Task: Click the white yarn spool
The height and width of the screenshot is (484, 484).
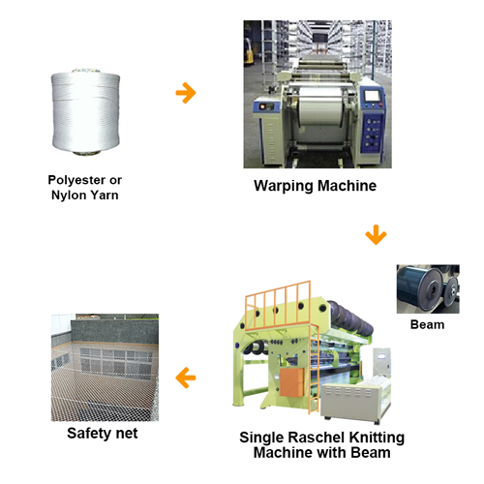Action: pos(85,111)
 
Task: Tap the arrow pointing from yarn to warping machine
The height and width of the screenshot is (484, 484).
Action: pos(186,93)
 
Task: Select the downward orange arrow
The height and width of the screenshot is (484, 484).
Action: pos(376,235)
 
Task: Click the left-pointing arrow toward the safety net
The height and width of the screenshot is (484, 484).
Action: pos(186,378)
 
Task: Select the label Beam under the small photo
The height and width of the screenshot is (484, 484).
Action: pos(427,324)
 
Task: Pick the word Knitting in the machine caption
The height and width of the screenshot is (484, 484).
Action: pos(377,439)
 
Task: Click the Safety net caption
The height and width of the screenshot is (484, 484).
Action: pos(103,434)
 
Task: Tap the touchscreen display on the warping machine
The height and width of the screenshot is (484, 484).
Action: pos(372,96)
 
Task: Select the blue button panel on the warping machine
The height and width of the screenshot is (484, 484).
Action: pos(374,133)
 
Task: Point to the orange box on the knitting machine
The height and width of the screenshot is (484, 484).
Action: pos(292,382)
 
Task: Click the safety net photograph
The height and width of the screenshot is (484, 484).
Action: pos(105,368)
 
